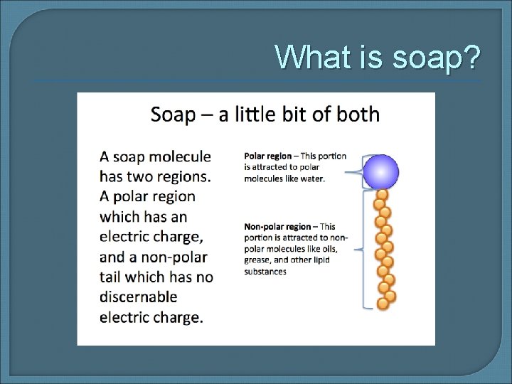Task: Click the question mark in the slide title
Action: [x=470, y=58]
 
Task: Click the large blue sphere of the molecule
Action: [x=381, y=171]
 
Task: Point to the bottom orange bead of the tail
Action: [x=383, y=304]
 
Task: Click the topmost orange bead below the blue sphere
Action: [x=382, y=194]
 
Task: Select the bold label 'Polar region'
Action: [x=268, y=156]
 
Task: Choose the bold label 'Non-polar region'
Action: [x=278, y=227]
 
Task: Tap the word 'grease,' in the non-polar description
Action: [x=258, y=260]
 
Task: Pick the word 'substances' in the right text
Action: [x=265, y=272]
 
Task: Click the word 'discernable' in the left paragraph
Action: [x=139, y=297]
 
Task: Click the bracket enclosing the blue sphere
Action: [x=365, y=171]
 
